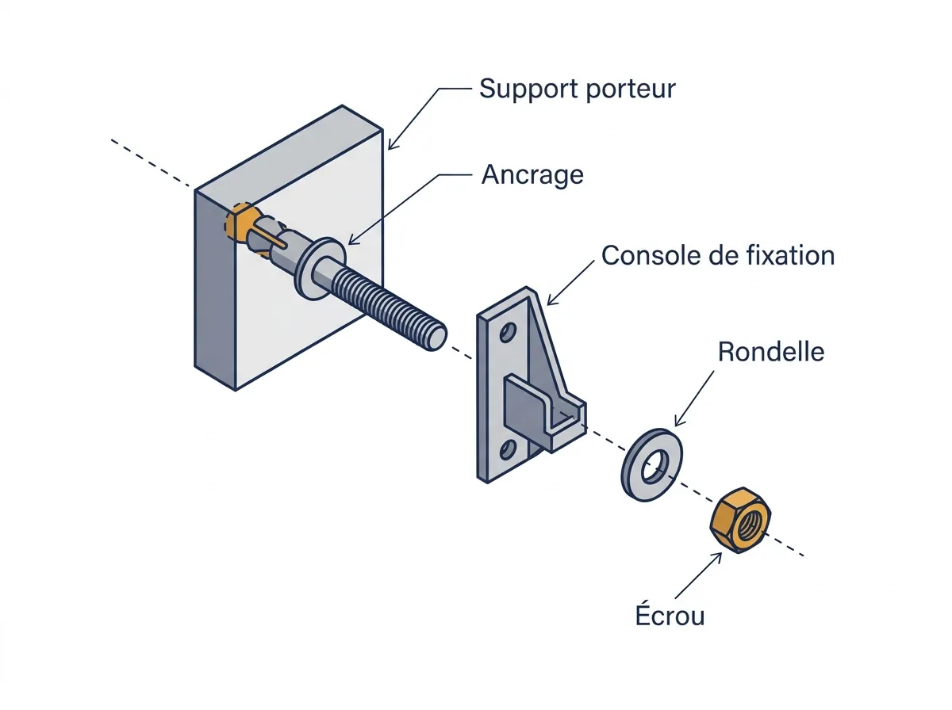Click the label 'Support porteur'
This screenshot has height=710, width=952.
(x=578, y=90)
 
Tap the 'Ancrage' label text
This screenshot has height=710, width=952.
(x=532, y=175)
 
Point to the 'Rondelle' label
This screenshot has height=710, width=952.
(x=770, y=351)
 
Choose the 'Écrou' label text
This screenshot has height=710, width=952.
(x=670, y=614)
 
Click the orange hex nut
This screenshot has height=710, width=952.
(x=740, y=520)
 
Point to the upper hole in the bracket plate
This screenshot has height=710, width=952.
(x=507, y=333)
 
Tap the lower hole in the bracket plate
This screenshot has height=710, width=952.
(x=507, y=450)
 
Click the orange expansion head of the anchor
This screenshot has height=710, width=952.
(x=238, y=223)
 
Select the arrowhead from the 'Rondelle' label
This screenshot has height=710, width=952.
(x=679, y=420)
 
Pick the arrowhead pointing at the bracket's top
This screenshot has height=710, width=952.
(x=551, y=300)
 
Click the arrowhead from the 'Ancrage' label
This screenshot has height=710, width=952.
(x=354, y=239)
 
